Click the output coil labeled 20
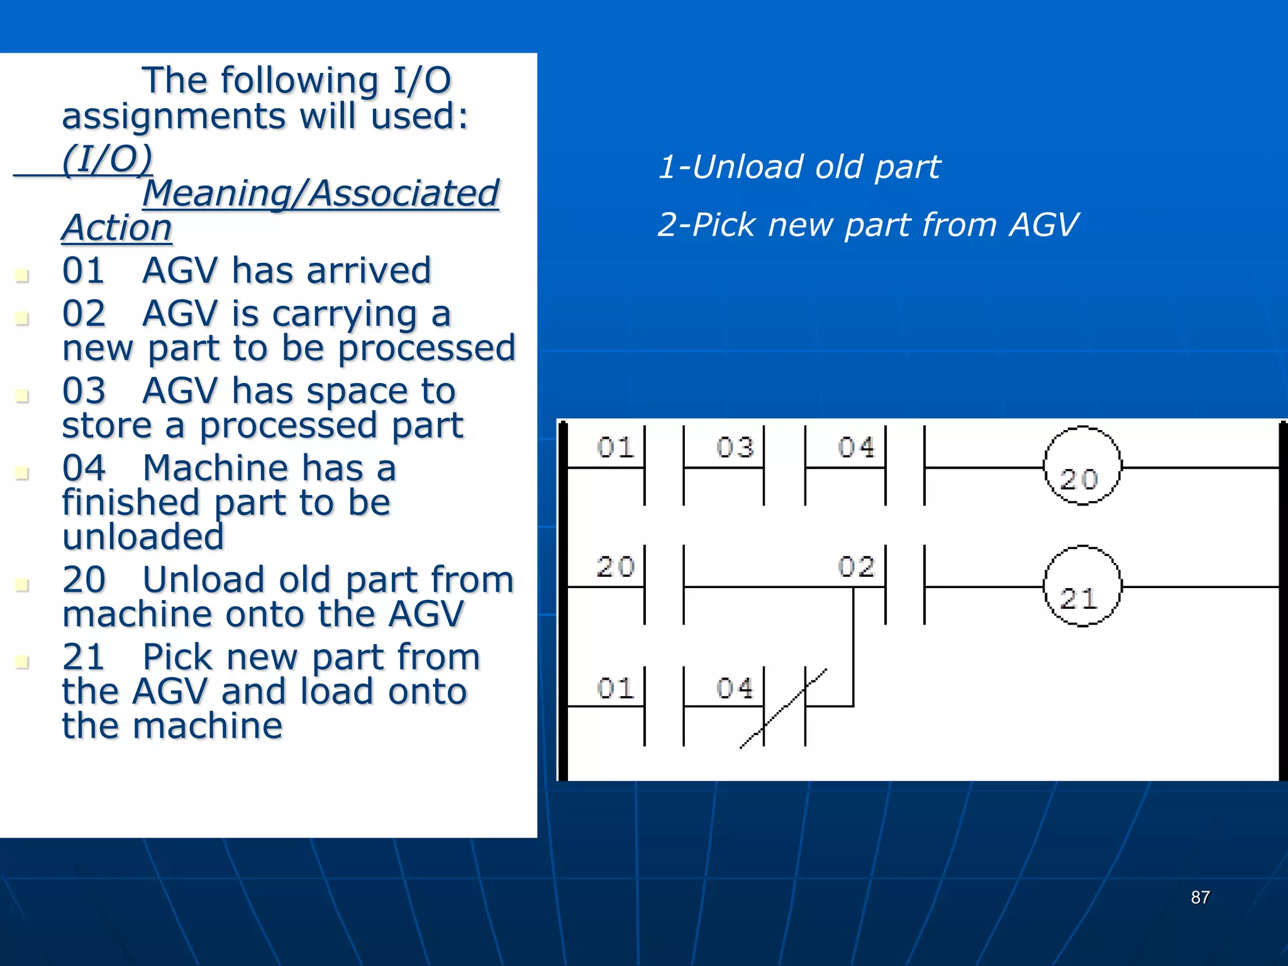click(x=1082, y=466)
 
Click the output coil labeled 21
click(x=1082, y=586)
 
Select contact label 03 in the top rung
click(x=734, y=448)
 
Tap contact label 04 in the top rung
click(x=855, y=448)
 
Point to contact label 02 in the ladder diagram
click(x=855, y=567)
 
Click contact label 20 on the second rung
click(x=614, y=567)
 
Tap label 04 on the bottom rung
click(x=734, y=688)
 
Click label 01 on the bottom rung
click(x=614, y=688)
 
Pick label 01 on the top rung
click(x=614, y=448)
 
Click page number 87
click(x=1200, y=897)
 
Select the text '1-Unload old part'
click(x=799, y=167)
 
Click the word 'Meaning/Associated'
click(x=320, y=193)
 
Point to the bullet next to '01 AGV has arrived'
click(x=22, y=275)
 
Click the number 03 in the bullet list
click(x=84, y=391)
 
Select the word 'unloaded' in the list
click(x=143, y=536)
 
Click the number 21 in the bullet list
click(x=84, y=657)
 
